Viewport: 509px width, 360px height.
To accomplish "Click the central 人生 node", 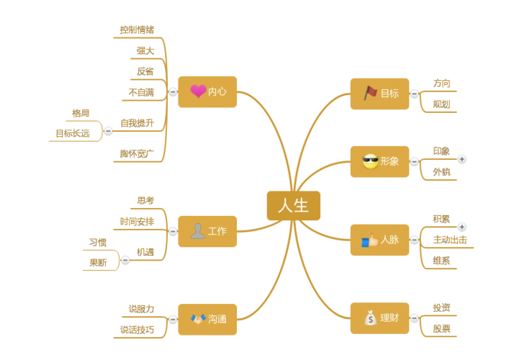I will point(293,206).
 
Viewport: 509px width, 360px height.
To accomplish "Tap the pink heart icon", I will point(198,91).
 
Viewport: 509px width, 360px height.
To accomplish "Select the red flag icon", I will point(371,93).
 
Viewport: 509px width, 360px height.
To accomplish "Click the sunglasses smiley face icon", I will point(371,162).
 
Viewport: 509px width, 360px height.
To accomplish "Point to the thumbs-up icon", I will point(370,240).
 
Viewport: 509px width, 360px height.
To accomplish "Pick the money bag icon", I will point(370,318).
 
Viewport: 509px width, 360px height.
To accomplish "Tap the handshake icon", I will point(198,318).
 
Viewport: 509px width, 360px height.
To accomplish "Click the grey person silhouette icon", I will point(197,231).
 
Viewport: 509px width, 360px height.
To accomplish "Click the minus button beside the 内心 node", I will point(173,92).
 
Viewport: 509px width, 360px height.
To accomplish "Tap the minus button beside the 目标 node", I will point(414,93).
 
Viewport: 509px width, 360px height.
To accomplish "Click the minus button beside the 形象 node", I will point(414,162).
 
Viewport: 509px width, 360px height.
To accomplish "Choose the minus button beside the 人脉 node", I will point(414,240).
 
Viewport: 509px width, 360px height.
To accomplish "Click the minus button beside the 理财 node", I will point(414,318).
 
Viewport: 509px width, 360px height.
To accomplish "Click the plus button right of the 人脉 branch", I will point(461,226).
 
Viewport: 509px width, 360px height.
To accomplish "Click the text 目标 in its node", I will point(389,93).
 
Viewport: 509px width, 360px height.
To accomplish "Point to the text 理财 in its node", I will point(389,318).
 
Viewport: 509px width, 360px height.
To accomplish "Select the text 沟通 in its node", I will point(217,319).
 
